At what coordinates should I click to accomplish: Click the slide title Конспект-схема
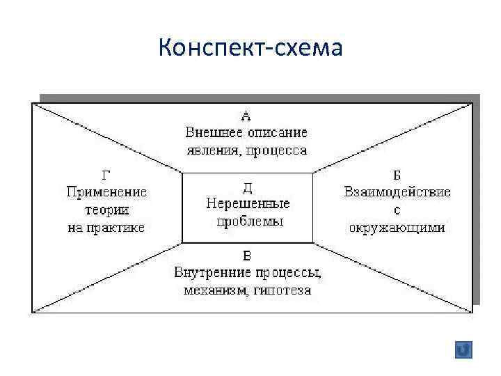[250, 48]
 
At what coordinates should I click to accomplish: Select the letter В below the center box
[247, 255]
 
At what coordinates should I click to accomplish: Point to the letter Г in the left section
[106, 175]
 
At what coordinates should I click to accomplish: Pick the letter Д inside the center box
[248, 187]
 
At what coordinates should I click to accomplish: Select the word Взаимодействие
[397, 192]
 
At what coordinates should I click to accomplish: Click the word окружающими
[397, 228]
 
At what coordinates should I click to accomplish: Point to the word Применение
[106, 192]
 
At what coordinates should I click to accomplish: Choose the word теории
[106, 210]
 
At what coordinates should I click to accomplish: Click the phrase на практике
[106, 228]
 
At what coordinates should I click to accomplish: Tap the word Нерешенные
[248, 204]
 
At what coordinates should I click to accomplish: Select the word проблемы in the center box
[248, 221]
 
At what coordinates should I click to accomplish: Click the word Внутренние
[209, 272]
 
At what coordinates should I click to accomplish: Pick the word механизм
[212, 290]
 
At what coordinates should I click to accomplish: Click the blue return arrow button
[463, 350]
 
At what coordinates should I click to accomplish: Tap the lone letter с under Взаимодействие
[397, 210]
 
